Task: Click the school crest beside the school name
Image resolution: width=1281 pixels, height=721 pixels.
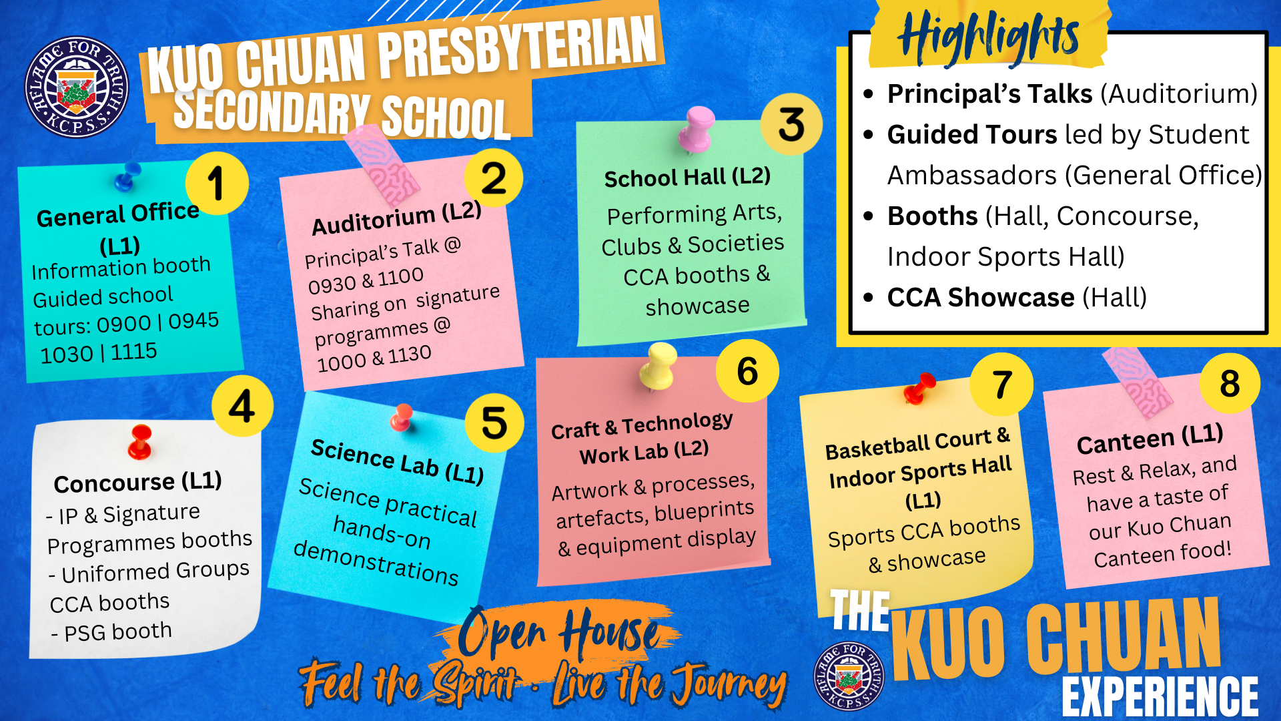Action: pyautogui.click(x=77, y=87)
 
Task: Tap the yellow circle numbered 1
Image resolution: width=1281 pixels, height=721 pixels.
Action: pyautogui.click(x=217, y=183)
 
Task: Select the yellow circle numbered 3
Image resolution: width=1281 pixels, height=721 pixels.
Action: pyautogui.click(x=791, y=124)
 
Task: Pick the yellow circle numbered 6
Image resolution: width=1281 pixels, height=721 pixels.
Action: pyautogui.click(x=747, y=371)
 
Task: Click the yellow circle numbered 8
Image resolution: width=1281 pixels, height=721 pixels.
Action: pyautogui.click(x=1230, y=383)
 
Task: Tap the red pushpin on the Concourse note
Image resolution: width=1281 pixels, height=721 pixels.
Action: pyautogui.click(x=140, y=443)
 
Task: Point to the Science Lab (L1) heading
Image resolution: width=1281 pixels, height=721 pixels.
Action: pyautogui.click(x=398, y=461)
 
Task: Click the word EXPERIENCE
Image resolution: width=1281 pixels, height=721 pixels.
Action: pyautogui.click(x=1160, y=696)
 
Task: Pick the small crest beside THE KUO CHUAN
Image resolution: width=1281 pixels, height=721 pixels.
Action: pyautogui.click(x=849, y=676)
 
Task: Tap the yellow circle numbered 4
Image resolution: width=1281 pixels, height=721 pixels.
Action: pyautogui.click(x=242, y=406)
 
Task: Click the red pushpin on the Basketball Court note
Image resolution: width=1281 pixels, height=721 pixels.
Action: pyautogui.click(x=919, y=389)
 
